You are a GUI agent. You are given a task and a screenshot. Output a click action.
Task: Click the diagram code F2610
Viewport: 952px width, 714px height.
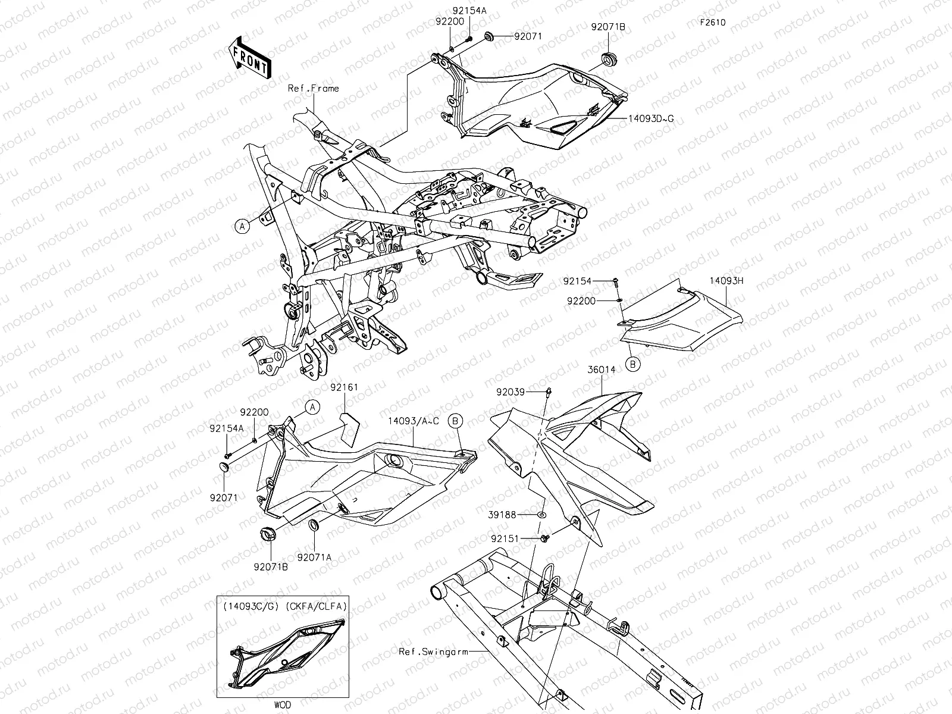(712, 23)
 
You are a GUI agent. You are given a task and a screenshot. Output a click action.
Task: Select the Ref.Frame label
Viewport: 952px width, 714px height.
(313, 89)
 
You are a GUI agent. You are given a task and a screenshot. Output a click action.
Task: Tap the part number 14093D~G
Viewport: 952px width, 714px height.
(651, 118)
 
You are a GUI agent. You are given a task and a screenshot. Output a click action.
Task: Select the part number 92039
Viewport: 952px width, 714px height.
(511, 392)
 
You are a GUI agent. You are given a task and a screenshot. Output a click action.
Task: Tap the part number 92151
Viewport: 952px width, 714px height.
(505, 538)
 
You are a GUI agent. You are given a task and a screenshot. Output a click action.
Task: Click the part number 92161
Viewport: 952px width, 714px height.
(344, 387)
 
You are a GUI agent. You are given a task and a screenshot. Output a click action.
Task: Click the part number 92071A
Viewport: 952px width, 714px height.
(314, 558)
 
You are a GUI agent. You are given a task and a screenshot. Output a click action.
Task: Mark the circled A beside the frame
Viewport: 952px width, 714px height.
(241, 226)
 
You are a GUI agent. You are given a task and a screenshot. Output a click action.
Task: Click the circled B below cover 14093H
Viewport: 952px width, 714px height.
(633, 365)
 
